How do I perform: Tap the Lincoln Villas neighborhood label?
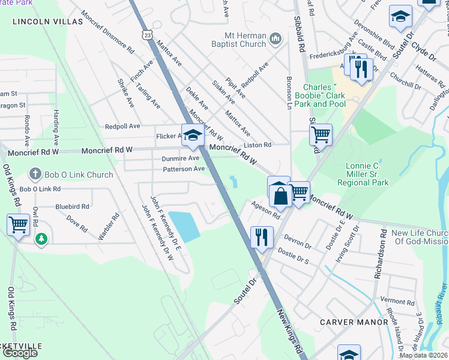pos(47,21)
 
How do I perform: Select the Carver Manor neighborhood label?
pos(354,322)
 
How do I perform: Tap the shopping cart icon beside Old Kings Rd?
pos(19,224)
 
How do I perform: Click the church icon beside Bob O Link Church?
pos(35,175)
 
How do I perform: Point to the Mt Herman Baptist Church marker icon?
pos(276,40)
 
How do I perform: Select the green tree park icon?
pos(41,239)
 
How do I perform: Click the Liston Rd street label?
pos(258,145)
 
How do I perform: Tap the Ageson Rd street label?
pos(266,209)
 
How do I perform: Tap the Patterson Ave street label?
pos(184,169)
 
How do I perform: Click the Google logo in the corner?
pos(20,353)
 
